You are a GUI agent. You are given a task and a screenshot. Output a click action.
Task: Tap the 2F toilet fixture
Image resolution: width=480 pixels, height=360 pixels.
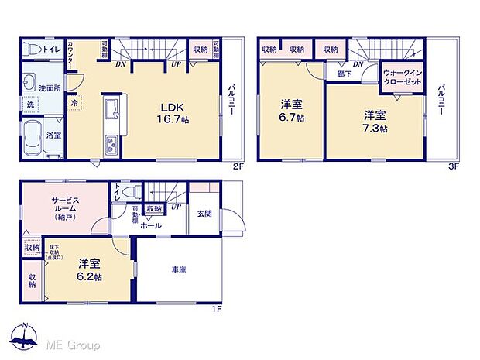[x=31, y=50]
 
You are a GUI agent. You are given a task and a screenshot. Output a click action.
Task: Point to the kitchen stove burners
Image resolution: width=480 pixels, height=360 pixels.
[x=111, y=144]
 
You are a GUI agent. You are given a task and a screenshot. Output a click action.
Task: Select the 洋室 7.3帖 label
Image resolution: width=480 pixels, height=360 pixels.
[x=375, y=122]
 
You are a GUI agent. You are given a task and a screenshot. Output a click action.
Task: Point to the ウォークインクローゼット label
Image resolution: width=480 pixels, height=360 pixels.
[x=403, y=76]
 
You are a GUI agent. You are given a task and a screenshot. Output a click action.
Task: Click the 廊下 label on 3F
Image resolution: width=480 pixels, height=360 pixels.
[x=343, y=74]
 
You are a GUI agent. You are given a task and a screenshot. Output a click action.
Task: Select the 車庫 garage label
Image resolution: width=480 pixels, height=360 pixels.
[x=179, y=269]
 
